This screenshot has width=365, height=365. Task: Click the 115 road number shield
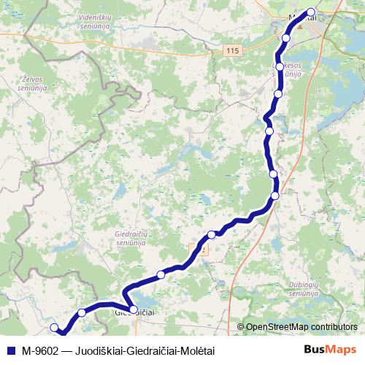[232, 50]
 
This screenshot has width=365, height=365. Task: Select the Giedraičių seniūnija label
[131, 239]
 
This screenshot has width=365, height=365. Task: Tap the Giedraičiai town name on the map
[137, 312]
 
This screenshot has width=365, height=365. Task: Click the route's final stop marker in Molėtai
[311, 12]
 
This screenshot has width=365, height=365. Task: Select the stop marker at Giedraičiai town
[134, 310]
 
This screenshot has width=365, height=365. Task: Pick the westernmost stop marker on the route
[54, 328]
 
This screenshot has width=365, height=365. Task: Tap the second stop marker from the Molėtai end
[286, 38]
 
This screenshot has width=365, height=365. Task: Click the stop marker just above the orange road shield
[212, 234]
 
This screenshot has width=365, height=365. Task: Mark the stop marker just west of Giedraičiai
[82, 312]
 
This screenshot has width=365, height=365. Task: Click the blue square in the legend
[10, 350]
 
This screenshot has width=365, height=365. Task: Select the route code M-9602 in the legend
[40, 350]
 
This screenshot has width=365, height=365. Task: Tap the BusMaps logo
[331, 350]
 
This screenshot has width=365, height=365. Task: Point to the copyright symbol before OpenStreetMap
[242, 327]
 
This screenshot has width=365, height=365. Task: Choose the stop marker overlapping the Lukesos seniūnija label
[280, 66]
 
